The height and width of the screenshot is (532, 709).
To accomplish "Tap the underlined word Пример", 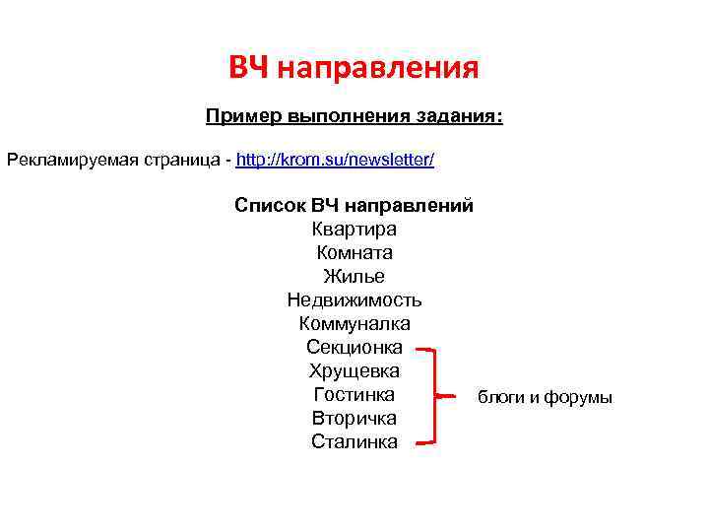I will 243,117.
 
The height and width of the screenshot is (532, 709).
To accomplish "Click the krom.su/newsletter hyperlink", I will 335,159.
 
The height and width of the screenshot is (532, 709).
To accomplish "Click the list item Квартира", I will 354,230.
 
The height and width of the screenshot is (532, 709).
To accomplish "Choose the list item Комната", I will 354,253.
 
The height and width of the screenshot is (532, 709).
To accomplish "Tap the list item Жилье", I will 354,277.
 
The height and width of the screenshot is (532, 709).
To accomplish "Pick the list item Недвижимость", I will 354,300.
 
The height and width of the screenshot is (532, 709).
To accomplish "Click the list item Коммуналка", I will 354,324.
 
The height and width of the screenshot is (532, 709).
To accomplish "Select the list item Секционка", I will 354,348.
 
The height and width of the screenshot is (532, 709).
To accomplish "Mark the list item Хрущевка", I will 354,371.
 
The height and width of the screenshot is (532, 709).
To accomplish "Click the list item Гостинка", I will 354,395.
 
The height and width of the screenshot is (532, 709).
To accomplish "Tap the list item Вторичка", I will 354,419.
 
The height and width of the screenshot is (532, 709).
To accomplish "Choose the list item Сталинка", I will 354,442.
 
